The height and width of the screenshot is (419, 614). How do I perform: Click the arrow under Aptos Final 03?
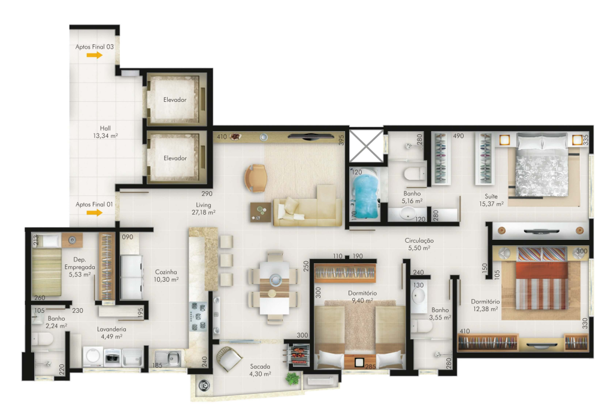click(x=95, y=55)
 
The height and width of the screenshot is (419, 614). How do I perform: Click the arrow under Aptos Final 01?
click(x=95, y=213)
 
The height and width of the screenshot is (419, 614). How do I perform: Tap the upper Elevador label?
click(x=175, y=100)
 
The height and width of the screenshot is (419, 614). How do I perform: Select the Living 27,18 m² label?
click(x=204, y=209)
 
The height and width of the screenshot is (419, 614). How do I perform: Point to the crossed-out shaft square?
click(x=366, y=146)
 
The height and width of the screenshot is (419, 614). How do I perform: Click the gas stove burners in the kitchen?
click(x=198, y=316)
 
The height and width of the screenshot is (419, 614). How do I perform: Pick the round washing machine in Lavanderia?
click(x=93, y=356)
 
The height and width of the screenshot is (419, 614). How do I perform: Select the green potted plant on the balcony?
click(x=292, y=379)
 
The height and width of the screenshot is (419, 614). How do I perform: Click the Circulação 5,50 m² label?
click(x=419, y=244)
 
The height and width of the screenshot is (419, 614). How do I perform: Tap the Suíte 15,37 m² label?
click(x=491, y=200)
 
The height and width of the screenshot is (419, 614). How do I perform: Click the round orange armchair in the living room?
click(x=256, y=179)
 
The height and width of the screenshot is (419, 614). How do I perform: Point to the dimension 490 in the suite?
click(x=458, y=136)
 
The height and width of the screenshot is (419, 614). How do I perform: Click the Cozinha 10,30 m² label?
click(x=166, y=276)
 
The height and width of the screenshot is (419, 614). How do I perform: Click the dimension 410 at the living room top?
click(x=222, y=137)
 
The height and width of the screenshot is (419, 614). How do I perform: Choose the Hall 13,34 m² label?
click(x=105, y=132)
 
